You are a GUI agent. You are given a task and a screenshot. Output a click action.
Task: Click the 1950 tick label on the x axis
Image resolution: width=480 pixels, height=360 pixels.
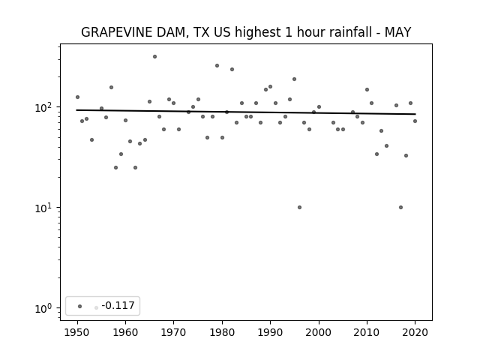coord(77,332)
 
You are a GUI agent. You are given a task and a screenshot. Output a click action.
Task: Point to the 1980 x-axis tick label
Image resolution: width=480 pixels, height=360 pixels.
coord(222,332)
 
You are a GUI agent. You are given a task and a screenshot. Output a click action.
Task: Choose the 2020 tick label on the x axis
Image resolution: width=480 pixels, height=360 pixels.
coord(415,332)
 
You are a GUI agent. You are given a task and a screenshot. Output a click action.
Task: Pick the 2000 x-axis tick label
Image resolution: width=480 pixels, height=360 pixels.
coord(319,332)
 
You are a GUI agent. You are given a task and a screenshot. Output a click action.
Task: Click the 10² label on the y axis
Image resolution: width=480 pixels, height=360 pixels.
coord(44,107)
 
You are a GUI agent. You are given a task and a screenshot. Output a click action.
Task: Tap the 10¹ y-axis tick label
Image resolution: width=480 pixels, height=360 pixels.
coord(44,208)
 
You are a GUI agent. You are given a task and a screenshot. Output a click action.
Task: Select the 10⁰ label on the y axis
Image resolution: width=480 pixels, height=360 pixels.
coord(44,308)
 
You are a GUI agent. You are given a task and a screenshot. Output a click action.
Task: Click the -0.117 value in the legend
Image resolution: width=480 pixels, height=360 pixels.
coord(118,305)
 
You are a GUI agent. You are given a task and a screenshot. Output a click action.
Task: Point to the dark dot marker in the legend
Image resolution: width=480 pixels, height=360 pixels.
coord(80,306)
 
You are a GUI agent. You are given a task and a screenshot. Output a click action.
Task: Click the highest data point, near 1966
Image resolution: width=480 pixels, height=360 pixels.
coord(155,57)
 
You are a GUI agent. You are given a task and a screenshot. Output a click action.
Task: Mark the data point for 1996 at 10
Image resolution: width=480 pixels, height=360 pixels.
coord(299,207)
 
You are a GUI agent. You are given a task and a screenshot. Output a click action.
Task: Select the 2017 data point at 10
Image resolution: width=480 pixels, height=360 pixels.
coord(400,207)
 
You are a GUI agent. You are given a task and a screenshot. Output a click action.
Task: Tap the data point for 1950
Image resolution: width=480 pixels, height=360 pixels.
coord(77,97)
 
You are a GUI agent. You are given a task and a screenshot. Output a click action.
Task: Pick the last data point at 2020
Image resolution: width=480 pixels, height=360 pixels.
coord(415,121)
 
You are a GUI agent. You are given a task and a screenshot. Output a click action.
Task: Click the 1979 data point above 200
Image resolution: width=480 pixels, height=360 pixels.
coord(217,65)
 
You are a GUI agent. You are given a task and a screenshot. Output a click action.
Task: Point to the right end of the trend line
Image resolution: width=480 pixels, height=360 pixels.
coord(415,114)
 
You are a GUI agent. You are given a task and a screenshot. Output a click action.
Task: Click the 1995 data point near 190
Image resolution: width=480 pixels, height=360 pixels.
coord(295,79)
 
